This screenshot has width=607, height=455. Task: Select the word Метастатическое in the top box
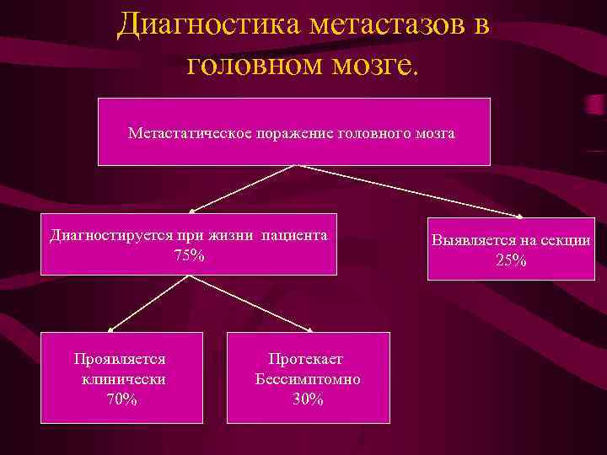coord(187,133)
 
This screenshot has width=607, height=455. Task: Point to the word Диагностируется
coord(110,235)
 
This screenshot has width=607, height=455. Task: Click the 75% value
coord(188,254)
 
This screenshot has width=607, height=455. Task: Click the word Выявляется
coord(472,240)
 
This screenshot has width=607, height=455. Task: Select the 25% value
coord(511,260)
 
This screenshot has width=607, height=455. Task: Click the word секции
coord(565,240)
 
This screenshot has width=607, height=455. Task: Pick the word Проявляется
coord(119,358)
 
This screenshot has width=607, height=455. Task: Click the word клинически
coord(123,379)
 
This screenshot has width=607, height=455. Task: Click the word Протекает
coord(306,359)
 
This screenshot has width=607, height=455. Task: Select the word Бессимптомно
coord(308,379)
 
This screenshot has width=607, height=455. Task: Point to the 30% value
coord(308,399)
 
